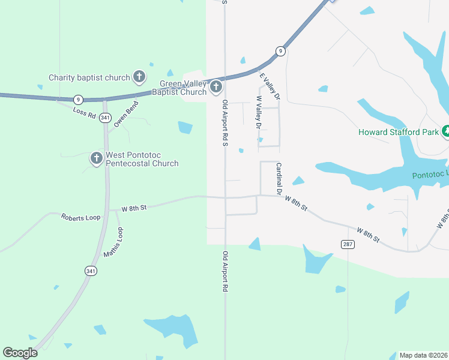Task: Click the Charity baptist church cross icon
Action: (x=139, y=77)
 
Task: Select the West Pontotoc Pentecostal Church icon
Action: (x=96, y=158)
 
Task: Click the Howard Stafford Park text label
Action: (x=398, y=132)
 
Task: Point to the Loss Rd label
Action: (x=84, y=112)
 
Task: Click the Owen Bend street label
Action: (x=126, y=114)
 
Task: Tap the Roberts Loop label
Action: (x=80, y=217)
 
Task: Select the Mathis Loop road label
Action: (x=113, y=242)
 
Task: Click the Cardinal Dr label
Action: (x=279, y=179)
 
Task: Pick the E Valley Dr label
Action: (x=269, y=86)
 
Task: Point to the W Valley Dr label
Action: (x=259, y=113)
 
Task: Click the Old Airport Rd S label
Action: (x=225, y=123)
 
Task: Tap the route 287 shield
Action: (x=347, y=244)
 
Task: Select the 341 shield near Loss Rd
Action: (x=106, y=117)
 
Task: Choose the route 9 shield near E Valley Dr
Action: (x=280, y=51)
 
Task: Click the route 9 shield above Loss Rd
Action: (x=77, y=99)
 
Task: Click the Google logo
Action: (x=20, y=353)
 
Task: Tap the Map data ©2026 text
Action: (x=424, y=355)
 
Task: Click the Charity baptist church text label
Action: (x=89, y=77)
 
